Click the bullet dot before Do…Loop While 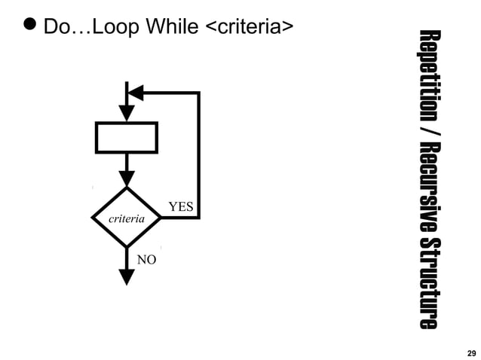click(29, 26)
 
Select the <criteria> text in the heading click(248, 27)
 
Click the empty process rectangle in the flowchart click(127, 137)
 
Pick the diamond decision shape click(127, 218)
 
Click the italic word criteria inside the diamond click(127, 218)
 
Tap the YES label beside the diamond click(180, 206)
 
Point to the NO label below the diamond click(146, 260)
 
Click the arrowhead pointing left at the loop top click(136, 93)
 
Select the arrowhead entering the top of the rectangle click(127, 113)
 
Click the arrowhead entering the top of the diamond click(127, 178)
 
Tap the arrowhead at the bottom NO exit click(127, 276)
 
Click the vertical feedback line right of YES click(198, 154)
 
